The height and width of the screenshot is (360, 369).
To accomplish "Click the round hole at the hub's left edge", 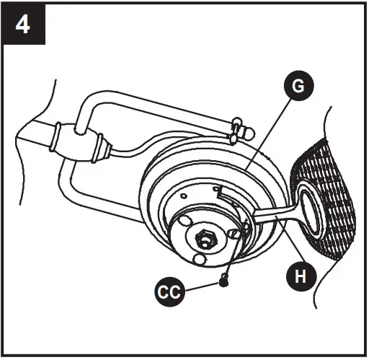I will (184, 219).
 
